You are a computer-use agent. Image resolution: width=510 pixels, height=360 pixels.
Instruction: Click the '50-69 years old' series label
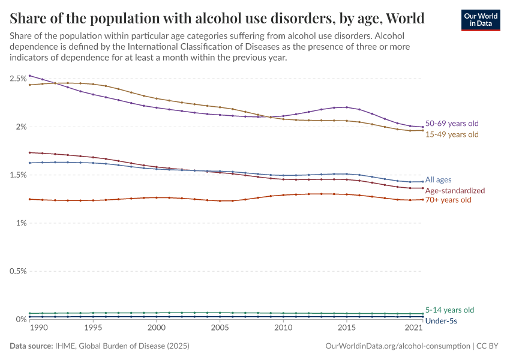pyautogui.click(x=452, y=124)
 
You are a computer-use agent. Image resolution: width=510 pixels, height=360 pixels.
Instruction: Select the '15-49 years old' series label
pyautogui.click(x=452, y=134)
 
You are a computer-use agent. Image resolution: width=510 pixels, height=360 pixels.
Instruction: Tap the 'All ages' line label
pyautogui.click(x=438, y=179)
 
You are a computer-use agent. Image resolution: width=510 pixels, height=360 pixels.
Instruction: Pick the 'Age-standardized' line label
pyautogui.click(x=455, y=190)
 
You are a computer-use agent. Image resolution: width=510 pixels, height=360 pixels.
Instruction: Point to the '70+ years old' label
pyautogui.click(x=448, y=200)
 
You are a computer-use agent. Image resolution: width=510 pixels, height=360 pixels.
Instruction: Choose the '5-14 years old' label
pyautogui.click(x=449, y=310)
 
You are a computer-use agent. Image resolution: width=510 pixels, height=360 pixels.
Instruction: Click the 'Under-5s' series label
pyautogui.click(x=442, y=321)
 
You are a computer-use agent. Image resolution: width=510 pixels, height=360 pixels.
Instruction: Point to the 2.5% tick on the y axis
pyautogui.click(x=17, y=79)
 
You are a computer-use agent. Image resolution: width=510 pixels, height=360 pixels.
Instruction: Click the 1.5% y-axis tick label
pyautogui.click(x=17, y=175)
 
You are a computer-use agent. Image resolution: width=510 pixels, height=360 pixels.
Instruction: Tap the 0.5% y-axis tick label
pyautogui.click(x=17, y=271)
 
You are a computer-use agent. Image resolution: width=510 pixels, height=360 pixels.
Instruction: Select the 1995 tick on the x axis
pyautogui.click(x=93, y=329)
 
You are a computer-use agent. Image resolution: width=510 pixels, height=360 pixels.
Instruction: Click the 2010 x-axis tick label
pyautogui.click(x=283, y=329)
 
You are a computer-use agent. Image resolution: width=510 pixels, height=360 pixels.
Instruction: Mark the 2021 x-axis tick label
pyautogui.click(x=413, y=329)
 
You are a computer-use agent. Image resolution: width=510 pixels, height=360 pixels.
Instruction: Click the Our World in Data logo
pyautogui.click(x=480, y=20)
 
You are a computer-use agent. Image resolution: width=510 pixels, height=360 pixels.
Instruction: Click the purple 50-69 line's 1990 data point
pyautogui.click(x=30, y=76)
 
